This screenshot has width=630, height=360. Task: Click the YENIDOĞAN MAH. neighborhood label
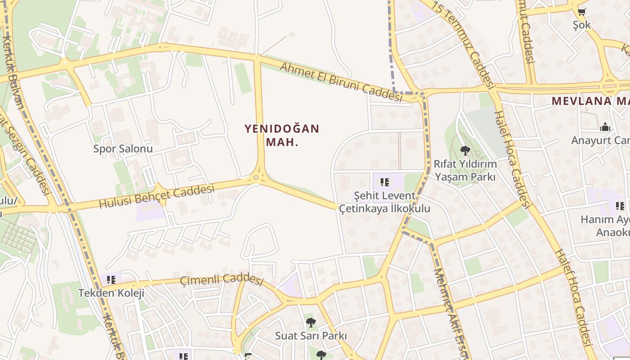[282, 135]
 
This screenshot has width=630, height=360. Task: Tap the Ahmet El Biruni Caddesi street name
[341, 82]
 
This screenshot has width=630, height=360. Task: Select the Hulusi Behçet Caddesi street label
[157, 197]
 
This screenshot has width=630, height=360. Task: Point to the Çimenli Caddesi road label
[221, 279]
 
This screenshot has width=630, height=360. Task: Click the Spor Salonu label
[123, 148]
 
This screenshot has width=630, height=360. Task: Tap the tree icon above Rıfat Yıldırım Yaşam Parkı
[465, 151]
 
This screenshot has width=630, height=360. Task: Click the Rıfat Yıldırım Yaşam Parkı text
[465, 170]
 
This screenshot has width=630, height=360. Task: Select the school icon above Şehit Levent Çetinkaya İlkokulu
[384, 182]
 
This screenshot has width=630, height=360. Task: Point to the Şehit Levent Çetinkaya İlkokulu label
[384, 202]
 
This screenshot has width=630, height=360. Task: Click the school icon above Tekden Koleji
[111, 280]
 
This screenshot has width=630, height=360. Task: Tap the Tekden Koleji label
[111, 293]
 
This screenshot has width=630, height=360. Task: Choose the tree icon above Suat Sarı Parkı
[310, 322]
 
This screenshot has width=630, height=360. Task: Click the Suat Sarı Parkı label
[310, 336]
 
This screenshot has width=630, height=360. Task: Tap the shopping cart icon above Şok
[581, 12]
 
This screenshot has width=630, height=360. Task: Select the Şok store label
[581, 25]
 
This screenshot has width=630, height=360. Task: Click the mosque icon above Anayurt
[605, 127]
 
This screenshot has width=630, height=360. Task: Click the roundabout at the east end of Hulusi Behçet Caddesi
[256, 178]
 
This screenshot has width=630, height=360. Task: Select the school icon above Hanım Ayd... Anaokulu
[620, 206]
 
